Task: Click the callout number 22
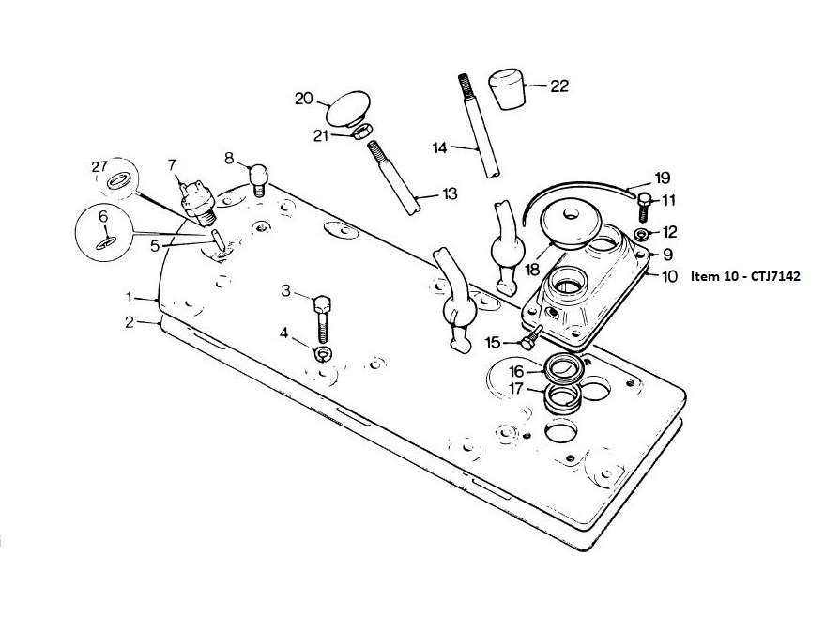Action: (x=559, y=85)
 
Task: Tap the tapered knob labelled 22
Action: (x=507, y=88)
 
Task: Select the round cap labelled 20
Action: (x=348, y=108)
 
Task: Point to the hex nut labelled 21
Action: (x=362, y=132)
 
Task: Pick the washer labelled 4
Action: (x=323, y=354)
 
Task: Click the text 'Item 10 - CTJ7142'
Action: (x=745, y=276)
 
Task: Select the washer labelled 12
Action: (x=641, y=233)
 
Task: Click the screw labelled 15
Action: (x=531, y=337)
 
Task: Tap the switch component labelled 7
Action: (x=197, y=203)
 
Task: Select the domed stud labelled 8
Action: (x=258, y=179)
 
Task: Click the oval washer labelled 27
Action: (x=117, y=181)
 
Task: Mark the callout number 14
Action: (x=440, y=147)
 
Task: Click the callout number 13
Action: (x=450, y=193)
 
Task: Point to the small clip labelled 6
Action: (x=106, y=241)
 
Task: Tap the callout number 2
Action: (x=130, y=321)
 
